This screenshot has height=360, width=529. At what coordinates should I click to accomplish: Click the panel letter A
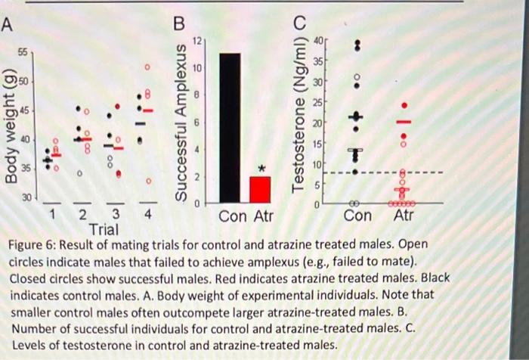7,23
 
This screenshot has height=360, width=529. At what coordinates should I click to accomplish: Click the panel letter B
178,23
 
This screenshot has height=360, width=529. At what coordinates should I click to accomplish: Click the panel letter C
301,22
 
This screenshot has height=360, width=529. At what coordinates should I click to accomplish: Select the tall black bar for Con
229,128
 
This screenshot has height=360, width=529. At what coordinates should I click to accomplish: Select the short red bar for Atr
260,189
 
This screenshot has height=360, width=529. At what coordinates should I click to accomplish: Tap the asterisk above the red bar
262,169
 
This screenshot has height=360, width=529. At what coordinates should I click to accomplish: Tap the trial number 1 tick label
51,215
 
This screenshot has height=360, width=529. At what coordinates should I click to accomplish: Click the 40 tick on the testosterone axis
320,40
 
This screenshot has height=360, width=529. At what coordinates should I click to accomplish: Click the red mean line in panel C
404,122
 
